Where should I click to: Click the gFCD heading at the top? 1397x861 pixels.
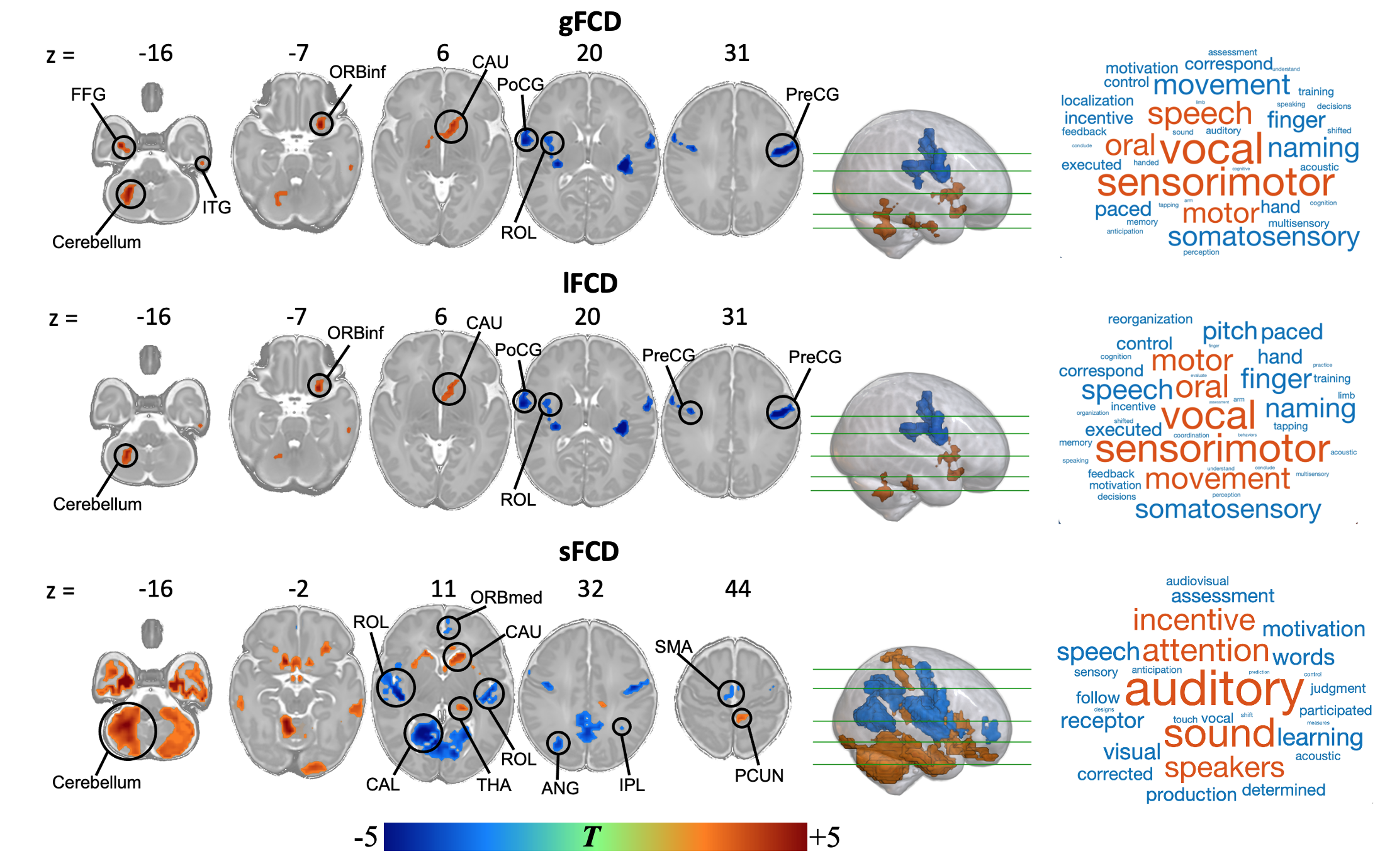tap(590, 22)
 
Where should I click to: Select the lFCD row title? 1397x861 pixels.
tap(590, 283)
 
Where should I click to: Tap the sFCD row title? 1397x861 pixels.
tap(589, 551)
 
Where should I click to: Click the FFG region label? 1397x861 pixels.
tap(88, 94)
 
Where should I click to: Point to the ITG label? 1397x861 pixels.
tap(216, 207)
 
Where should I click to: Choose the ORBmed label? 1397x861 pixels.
tap(506, 597)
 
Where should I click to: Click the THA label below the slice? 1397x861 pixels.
tap(493, 785)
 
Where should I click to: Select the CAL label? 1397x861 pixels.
tap(383, 784)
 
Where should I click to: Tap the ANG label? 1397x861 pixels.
tap(560, 787)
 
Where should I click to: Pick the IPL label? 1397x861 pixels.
tap(632, 785)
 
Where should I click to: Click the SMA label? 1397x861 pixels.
tap(673, 646)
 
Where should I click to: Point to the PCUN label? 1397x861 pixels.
tap(759, 775)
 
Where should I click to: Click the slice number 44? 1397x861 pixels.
tap(738, 589)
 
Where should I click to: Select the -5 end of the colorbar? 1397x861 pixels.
tap(366, 837)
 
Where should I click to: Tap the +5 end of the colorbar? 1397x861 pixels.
tap(824, 837)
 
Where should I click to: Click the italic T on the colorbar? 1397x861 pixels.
tap(592, 837)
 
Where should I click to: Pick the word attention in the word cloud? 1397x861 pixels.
tap(1206, 651)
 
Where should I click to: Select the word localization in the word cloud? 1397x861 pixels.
tap(1097, 101)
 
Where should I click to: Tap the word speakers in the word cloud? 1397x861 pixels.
tap(1224, 768)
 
